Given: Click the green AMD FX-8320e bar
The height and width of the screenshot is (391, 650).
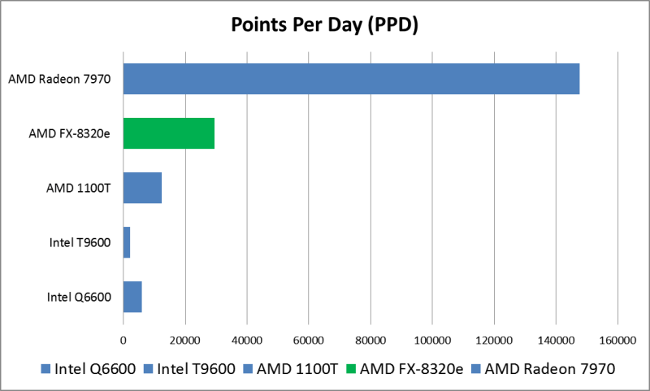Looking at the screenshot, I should tap(169, 133).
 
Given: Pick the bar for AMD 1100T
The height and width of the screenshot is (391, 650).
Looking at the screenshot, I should tap(142, 188).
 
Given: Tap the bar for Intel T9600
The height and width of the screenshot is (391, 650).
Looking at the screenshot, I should tap(127, 242).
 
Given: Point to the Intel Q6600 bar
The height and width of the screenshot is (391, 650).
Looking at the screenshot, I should tap(132, 297).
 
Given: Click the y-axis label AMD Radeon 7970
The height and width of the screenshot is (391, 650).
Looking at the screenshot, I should tap(59, 79).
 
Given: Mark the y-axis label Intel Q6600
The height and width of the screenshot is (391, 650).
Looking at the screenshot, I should tap(79, 297).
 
